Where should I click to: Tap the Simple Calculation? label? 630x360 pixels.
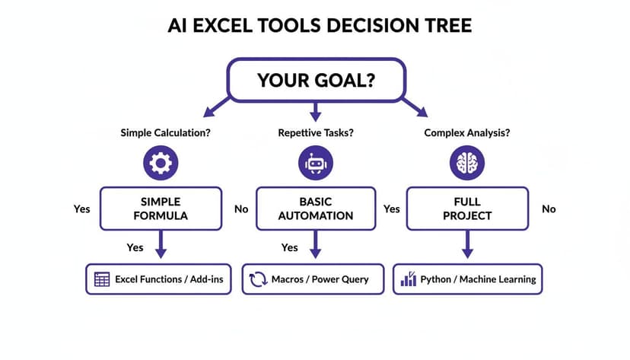point(166,132)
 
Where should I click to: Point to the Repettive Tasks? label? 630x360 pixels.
point(316,132)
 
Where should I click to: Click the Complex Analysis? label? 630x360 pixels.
point(466,132)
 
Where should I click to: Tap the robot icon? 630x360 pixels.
point(316,163)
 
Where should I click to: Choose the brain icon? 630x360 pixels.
point(466,163)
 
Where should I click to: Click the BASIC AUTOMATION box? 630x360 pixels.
point(316,209)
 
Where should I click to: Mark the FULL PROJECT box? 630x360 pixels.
point(466,209)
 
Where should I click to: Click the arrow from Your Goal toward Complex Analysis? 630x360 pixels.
point(415,107)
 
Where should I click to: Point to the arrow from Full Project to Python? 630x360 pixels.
point(467,244)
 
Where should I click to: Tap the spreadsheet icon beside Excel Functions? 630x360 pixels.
point(102,279)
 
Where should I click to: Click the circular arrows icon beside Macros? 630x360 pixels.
point(257,279)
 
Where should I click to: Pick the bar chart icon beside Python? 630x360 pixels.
point(408,279)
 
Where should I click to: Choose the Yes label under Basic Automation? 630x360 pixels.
point(289,247)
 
